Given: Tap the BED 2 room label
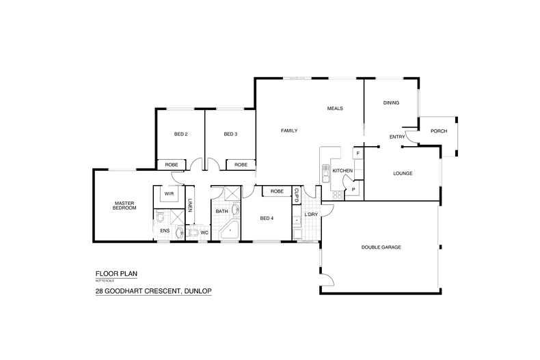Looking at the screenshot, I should (180, 134).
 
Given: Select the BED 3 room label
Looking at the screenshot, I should (230, 134).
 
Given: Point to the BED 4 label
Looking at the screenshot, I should (267, 218).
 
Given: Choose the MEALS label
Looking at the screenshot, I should (334, 108).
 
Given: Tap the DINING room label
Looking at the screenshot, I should (390, 102).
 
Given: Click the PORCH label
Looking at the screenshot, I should (439, 131).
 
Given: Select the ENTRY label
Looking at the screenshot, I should (396, 137).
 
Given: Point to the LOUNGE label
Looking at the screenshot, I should (403, 173).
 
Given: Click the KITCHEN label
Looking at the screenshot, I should (342, 170).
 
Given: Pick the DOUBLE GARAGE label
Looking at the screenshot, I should (381, 247).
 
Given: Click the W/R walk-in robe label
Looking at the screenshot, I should (168, 194).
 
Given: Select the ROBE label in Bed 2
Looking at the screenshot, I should (172, 165).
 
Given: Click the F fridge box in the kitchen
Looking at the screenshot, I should (357, 153).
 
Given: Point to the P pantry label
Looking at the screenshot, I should (353, 189).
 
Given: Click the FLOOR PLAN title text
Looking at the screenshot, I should (116, 273).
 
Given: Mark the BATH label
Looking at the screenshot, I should (222, 212).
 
